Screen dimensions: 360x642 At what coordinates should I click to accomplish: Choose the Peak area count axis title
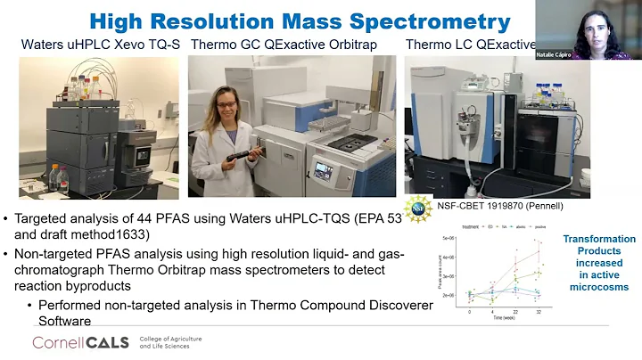tap(444, 272)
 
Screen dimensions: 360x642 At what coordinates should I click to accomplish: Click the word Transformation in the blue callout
tap(599, 239)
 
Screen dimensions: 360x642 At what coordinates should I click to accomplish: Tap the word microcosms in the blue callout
tap(599, 287)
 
